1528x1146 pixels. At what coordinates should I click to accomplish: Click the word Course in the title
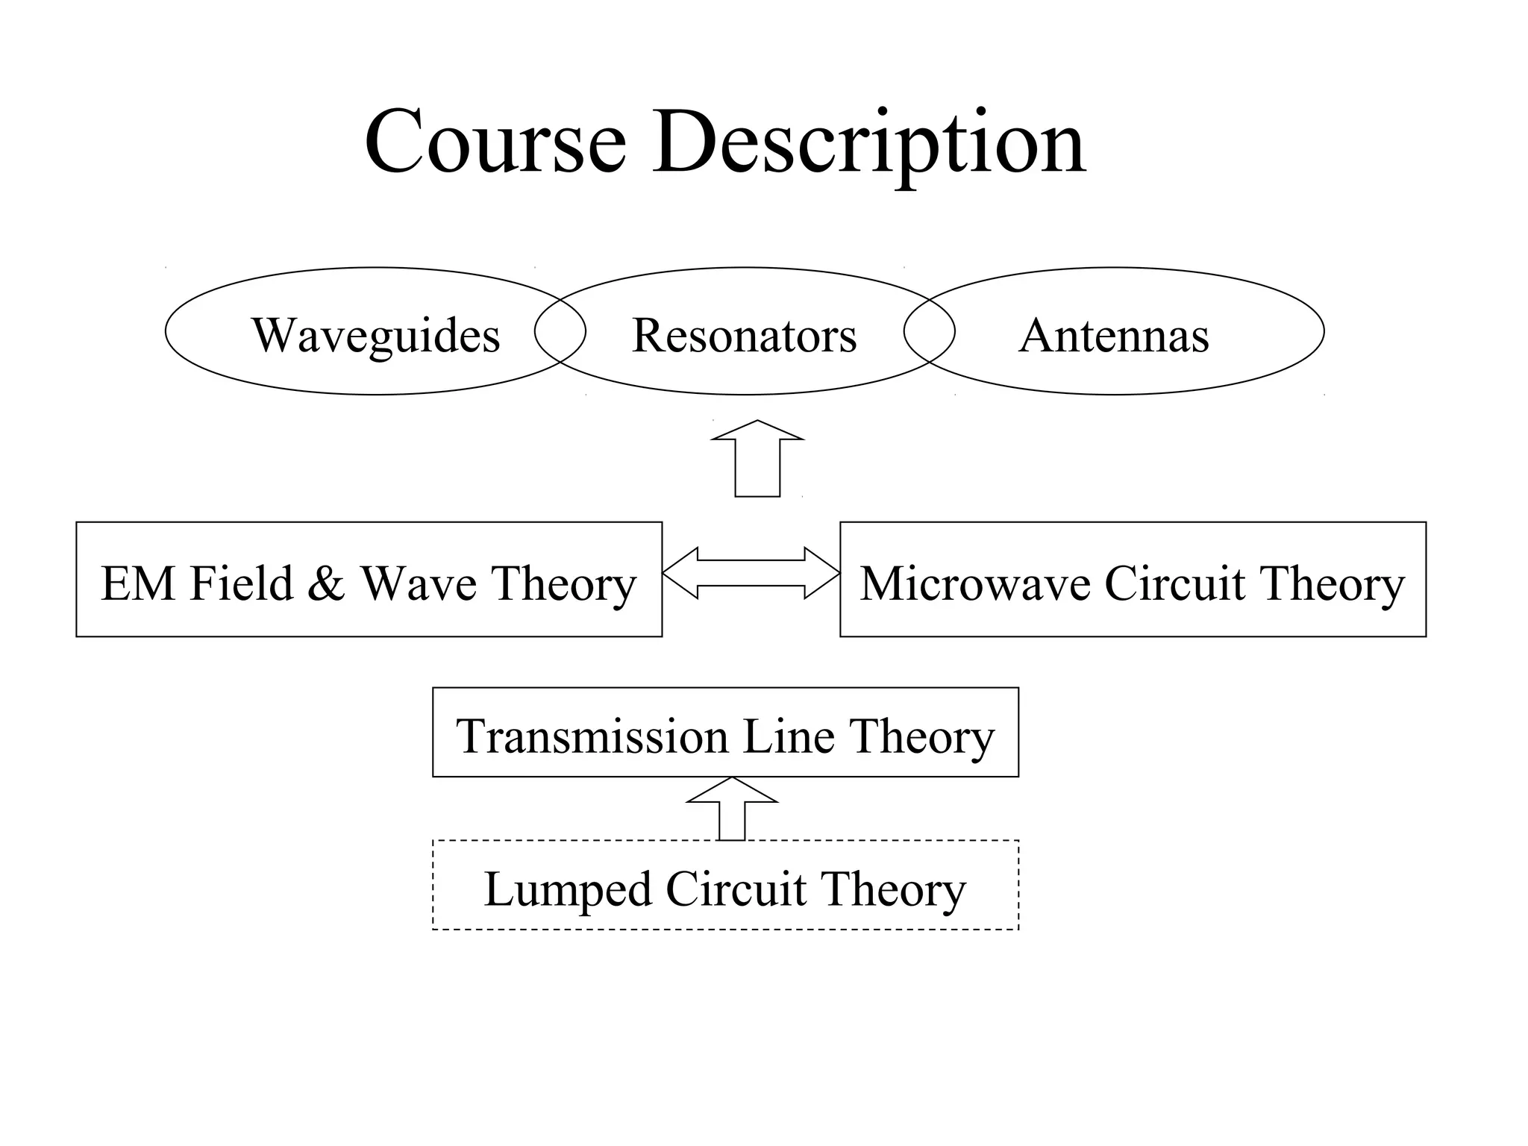tap(495, 142)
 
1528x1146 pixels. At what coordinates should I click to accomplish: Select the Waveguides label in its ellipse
tap(375, 335)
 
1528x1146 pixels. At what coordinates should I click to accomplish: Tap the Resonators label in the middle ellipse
tap(744, 335)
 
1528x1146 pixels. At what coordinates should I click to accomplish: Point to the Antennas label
tap(1113, 335)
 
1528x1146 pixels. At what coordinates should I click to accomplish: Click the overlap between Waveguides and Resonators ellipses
tap(560, 331)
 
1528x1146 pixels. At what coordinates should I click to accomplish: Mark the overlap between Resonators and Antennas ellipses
tap(929, 331)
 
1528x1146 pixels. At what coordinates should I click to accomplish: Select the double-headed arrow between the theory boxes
tap(751, 573)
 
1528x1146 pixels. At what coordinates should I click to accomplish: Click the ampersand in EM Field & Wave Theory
tap(326, 583)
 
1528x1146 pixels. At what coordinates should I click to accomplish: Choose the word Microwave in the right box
tap(976, 583)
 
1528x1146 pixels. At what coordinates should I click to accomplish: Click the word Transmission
tap(592, 736)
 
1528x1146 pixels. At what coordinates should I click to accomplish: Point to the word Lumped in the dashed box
tap(567, 889)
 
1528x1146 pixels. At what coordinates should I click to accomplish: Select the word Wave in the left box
tap(419, 583)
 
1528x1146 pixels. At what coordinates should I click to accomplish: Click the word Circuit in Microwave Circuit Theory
tap(1174, 583)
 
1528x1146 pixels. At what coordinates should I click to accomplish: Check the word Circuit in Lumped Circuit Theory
tap(736, 889)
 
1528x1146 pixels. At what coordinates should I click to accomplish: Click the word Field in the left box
tap(241, 583)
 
